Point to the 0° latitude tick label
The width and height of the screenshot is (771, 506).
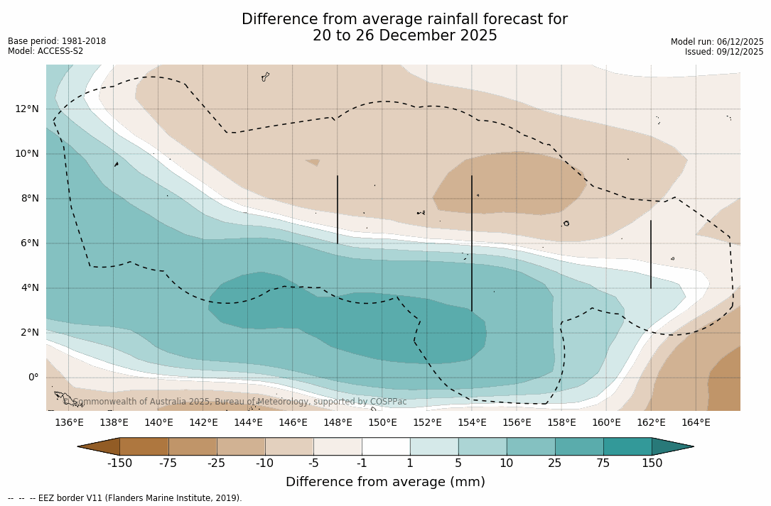point(33,378)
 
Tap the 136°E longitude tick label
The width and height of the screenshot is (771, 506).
point(69,423)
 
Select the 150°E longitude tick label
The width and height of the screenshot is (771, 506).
point(382,423)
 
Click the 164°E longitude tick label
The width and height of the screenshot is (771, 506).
point(696,423)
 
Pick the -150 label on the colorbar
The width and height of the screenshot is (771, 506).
point(120,463)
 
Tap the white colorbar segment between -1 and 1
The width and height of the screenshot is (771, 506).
point(386,446)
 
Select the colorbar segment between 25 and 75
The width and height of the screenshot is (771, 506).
point(579,446)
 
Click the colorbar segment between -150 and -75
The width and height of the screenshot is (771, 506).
point(144,446)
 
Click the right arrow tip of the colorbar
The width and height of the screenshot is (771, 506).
point(692,446)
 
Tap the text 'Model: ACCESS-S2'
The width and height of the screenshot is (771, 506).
point(45,51)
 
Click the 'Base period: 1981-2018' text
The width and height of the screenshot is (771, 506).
point(57,41)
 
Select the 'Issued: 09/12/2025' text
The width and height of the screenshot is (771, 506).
point(724,52)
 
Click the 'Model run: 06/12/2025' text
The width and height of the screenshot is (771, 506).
point(717,42)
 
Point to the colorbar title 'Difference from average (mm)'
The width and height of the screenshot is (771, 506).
point(385,483)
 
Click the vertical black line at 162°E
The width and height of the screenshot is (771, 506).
point(651,254)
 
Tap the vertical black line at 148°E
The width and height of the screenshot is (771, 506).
point(338,209)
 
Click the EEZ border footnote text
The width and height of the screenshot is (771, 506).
point(124,498)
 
